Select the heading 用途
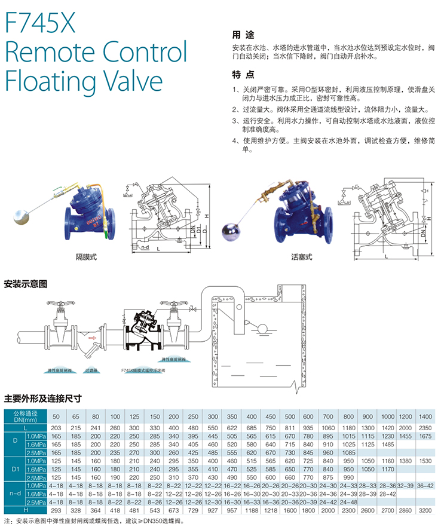click(x=240, y=34)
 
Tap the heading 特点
click(x=242, y=75)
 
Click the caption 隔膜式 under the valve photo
click(x=86, y=258)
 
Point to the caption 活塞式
click(x=302, y=258)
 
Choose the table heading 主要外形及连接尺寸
click(x=42, y=398)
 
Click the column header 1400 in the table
click(x=425, y=416)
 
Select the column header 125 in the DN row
click(x=134, y=416)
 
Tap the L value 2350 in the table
click(x=425, y=428)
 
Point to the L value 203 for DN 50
click(x=57, y=428)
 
